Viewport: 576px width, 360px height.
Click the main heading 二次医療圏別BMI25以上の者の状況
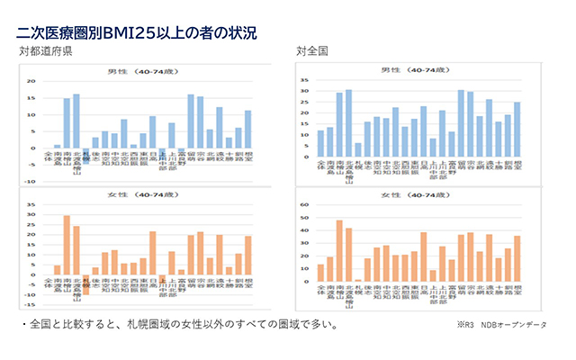(x=136, y=33)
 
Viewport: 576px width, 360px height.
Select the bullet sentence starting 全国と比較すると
(x=179, y=322)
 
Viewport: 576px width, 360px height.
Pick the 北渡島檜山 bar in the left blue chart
(x=76, y=121)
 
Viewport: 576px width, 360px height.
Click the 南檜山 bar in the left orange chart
(x=67, y=244)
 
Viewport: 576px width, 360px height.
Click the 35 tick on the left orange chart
(x=32, y=204)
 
